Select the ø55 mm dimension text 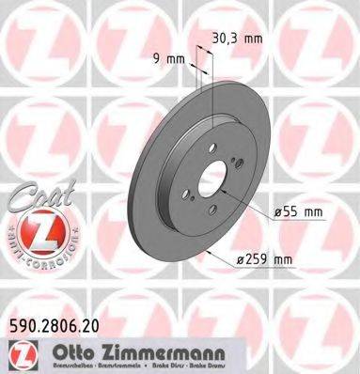pyautogui.click(x=300, y=211)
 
